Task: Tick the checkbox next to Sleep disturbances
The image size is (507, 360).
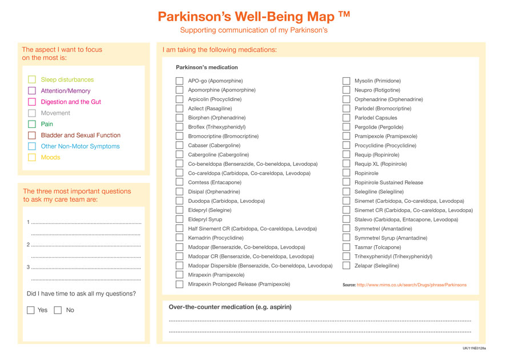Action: [32, 80]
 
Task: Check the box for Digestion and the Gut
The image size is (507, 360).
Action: [32, 102]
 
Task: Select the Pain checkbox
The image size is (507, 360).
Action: [32, 124]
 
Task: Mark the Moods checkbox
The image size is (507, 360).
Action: [32, 158]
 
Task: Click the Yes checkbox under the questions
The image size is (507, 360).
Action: [31, 310]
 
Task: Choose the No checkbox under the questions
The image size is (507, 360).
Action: [58, 310]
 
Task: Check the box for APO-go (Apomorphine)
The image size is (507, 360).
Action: [179, 81]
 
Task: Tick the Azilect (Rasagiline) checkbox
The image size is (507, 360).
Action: [179, 109]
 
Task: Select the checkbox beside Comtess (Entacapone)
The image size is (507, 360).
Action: [179, 183]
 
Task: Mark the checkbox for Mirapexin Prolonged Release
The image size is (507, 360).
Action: [179, 284]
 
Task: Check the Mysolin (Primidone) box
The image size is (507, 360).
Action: [346, 81]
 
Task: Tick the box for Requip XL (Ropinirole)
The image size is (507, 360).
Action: [346, 164]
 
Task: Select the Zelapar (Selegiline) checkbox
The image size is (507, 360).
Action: [346, 266]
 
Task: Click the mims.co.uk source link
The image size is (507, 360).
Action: [411, 285]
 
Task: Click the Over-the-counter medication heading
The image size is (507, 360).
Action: [230, 307]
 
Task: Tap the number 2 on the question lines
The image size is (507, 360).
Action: [28, 245]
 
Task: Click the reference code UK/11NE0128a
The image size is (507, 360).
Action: [474, 348]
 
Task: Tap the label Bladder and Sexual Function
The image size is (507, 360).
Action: [81, 135]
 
